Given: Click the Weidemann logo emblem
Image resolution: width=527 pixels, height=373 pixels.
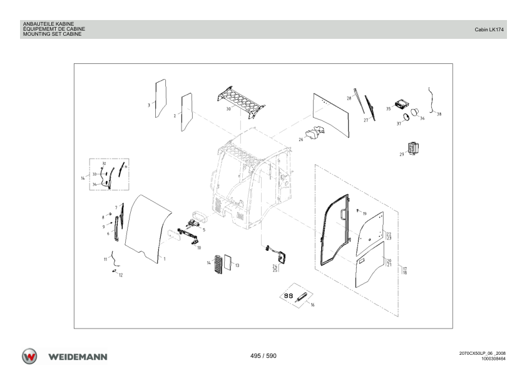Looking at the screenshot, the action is [x=29, y=357].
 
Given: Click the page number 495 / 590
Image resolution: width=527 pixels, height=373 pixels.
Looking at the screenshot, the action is [x=263, y=356].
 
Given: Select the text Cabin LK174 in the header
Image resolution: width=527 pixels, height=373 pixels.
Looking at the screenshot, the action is [x=489, y=29].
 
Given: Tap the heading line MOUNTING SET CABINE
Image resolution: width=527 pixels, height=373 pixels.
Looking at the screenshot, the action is [x=52, y=34].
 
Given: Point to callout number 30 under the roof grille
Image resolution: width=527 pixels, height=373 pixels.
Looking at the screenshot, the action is [x=228, y=108].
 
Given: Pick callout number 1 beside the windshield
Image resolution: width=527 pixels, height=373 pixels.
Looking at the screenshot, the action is [x=165, y=259].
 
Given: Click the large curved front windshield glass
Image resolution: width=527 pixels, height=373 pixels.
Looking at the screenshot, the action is [x=148, y=229].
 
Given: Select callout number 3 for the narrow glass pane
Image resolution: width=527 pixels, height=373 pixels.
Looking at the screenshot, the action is [x=149, y=105].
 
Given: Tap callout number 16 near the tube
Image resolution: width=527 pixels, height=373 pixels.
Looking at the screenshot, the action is [x=312, y=305].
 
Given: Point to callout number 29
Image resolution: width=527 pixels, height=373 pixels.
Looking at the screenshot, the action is [x=402, y=154].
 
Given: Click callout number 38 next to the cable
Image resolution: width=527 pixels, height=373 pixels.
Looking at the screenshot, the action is [x=439, y=114].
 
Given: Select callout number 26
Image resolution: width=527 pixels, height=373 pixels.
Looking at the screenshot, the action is [x=301, y=139].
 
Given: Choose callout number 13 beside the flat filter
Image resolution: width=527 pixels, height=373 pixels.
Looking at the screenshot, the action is [x=237, y=265].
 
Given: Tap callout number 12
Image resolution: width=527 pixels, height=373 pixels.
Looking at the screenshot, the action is [x=121, y=275].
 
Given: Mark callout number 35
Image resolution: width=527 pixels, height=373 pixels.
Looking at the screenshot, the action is [x=388, y=108].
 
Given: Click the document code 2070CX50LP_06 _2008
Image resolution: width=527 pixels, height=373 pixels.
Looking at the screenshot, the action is [x=483, y=354].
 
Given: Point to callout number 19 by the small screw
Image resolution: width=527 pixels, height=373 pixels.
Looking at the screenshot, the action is [x=365, y=214].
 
